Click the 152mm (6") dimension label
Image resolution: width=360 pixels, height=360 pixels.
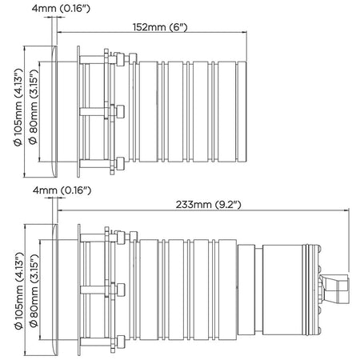tap(160, 27)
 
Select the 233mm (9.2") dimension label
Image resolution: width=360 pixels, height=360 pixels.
tap(208, 205)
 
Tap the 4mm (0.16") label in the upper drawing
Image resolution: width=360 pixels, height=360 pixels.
tap(61, 8)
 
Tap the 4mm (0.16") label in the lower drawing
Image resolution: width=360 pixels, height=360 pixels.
tap(62, 190)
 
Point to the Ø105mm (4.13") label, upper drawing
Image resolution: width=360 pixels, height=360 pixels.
tap(18, 107)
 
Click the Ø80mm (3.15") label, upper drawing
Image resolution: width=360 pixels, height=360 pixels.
tap(34, 107)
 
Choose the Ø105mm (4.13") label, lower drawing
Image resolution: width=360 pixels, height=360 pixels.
tap(18, 291)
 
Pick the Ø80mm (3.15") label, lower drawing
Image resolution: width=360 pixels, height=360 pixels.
tap(34, 291)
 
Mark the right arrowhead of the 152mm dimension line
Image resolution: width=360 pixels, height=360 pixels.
tap(245, 33)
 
